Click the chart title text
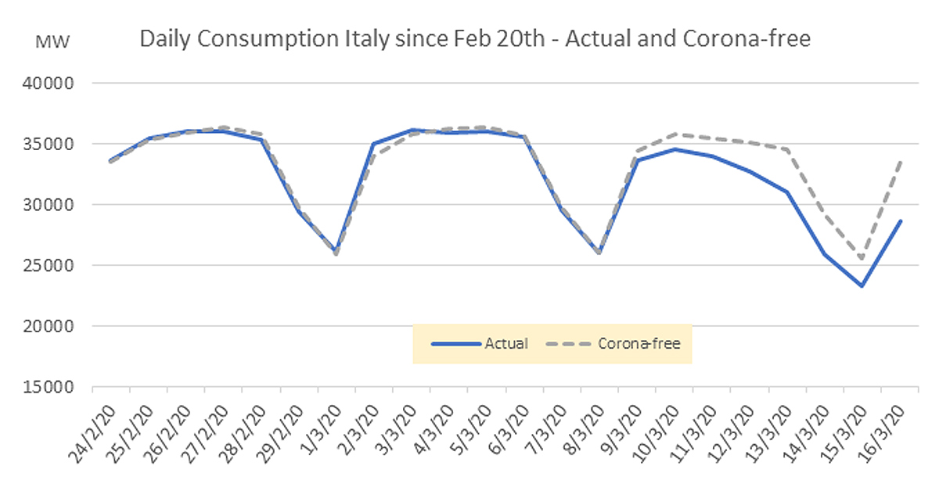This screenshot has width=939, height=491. coord(475,38)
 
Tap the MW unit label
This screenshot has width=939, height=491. coord(53,41)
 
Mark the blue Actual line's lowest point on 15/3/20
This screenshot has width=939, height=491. coord(862,286)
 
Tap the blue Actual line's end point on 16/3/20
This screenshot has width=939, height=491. coord(900,221)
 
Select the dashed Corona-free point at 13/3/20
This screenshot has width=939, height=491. coord(787,149)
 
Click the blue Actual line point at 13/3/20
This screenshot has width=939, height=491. coord(787,192)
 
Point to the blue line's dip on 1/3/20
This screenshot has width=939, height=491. coord(336,252)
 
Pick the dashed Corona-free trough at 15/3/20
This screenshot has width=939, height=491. coord(862,259)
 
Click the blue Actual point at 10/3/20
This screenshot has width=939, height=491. coord(675,149)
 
